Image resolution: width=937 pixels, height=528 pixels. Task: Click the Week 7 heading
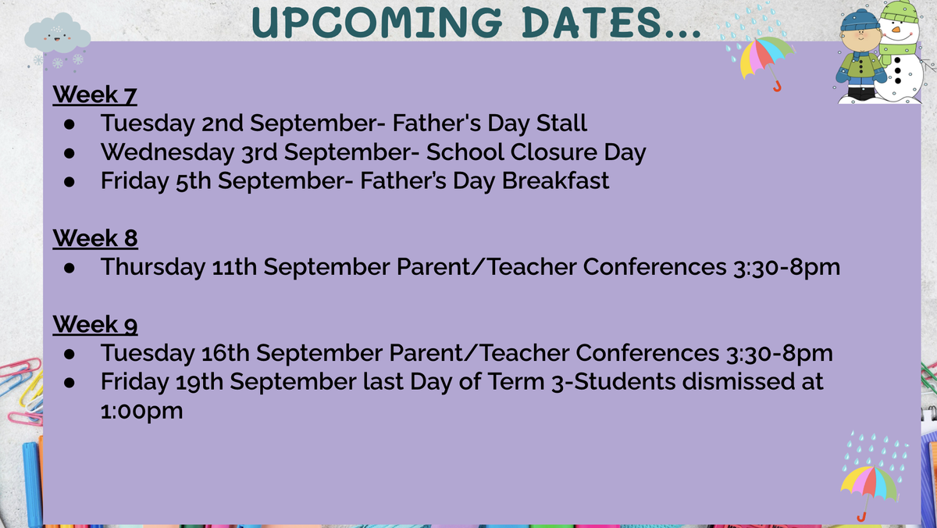point(94,95)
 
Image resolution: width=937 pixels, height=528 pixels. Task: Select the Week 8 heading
point(95,238)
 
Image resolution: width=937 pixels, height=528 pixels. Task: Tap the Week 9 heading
point(95,325)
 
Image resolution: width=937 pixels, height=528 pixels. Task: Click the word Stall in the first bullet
point(561,123)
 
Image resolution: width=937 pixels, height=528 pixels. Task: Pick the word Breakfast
point(555,180)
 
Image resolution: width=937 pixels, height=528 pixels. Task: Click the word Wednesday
point(167,152)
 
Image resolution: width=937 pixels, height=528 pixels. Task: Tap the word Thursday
point(153,267)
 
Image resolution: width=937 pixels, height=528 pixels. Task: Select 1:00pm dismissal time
point(142,411)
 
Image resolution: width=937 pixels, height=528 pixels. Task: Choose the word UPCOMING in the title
point(376,22)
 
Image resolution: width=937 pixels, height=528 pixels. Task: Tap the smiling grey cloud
point(57,33)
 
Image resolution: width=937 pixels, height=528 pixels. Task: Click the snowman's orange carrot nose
point(896,30)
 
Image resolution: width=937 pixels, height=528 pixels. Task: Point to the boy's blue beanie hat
point(859,20)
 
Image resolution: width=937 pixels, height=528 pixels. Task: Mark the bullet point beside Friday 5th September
point(69,182)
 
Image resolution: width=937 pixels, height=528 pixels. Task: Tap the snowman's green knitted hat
point(900,10)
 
